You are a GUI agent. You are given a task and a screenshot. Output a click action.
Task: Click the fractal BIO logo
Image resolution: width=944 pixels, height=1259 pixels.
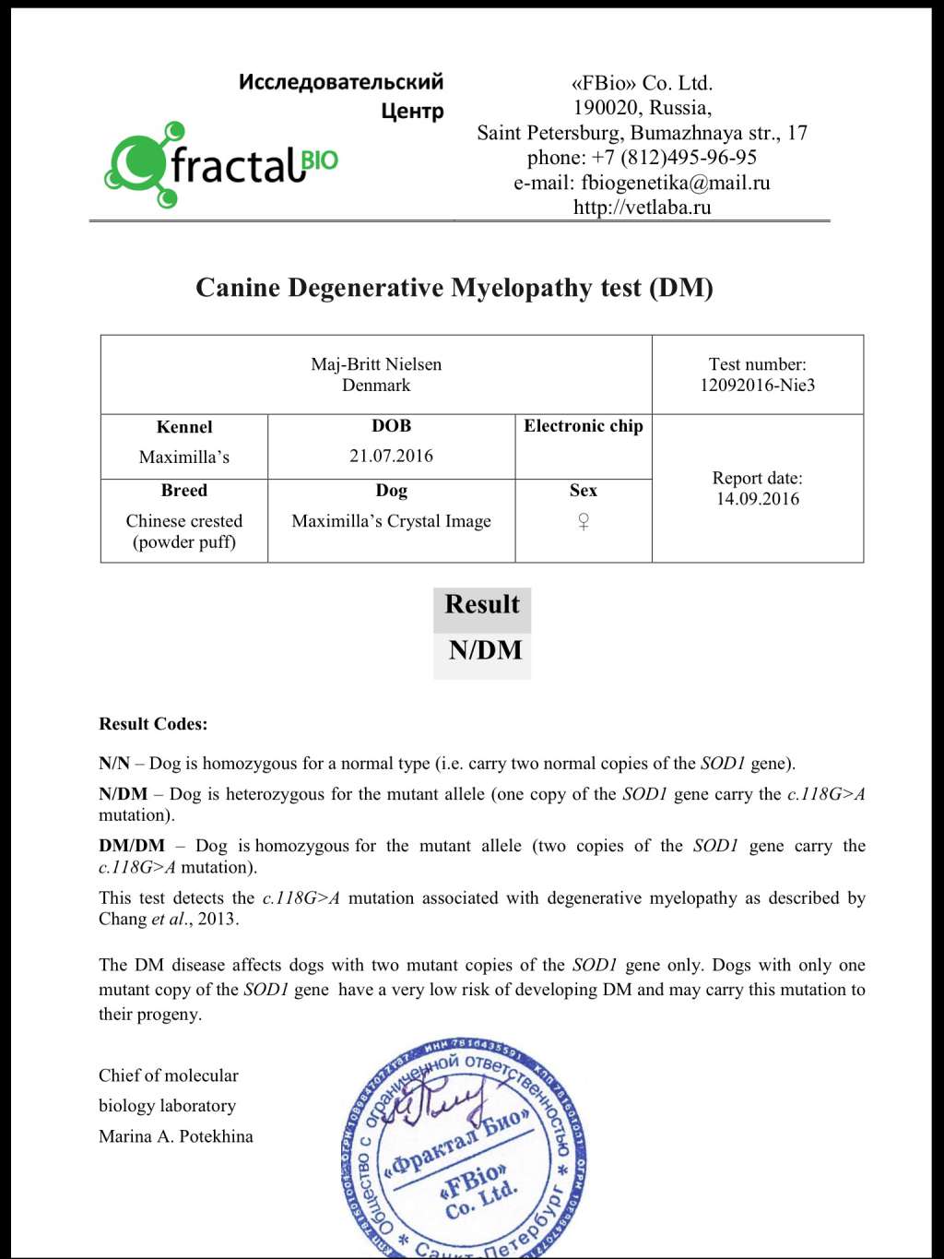click(221, 165)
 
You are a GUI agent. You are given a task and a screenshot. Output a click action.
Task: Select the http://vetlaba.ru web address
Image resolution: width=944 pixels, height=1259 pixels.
click(642, 208)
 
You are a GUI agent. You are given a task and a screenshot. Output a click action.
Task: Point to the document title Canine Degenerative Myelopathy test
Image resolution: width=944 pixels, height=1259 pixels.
click(454, 288)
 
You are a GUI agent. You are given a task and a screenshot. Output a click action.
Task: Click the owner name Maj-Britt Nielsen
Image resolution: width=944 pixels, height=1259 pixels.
click(376, 364)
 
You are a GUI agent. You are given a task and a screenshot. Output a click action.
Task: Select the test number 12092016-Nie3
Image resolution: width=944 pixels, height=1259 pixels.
click(757, 386)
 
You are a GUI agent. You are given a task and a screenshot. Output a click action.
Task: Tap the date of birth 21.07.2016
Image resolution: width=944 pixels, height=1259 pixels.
click(391, 456)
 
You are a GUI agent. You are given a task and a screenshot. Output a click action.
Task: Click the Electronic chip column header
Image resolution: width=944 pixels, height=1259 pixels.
click(583, 426)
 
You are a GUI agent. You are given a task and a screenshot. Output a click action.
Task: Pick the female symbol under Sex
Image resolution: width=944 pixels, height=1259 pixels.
click(583, 522)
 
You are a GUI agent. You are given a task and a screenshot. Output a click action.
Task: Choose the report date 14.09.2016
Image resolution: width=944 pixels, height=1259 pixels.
click(757, 499)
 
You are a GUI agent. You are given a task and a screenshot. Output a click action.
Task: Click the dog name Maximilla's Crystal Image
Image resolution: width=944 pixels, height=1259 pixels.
click(391, 521)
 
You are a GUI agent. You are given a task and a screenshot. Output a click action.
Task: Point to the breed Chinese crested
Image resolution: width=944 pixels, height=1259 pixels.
click(183, 521)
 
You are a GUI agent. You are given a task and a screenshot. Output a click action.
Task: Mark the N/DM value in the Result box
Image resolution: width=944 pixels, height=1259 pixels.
click(485, 650)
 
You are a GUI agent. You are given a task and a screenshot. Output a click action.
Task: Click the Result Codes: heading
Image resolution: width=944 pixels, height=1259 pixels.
click(153, 724)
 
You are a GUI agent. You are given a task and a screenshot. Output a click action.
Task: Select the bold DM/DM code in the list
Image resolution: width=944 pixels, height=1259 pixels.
click(132, 846)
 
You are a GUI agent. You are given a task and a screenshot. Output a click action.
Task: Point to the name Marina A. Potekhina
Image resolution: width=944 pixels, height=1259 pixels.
click(175, 1136)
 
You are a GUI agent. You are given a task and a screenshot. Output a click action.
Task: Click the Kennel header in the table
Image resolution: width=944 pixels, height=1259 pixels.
click(183, 427)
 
